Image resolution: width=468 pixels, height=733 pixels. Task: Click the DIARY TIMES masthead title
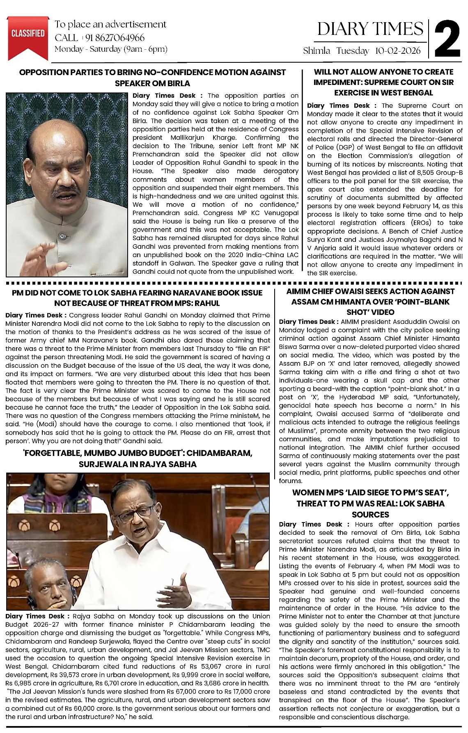[x=370, y=29]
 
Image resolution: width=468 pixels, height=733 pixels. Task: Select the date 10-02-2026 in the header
[x=398, y=51]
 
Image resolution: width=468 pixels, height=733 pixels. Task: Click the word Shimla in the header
[x=317, y=51]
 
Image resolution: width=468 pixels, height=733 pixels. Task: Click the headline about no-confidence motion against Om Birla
[x=152, y=78]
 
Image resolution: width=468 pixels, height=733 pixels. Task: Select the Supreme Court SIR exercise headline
[x=383, y=82]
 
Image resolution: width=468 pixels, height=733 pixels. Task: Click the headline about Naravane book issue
[x=137, y=298]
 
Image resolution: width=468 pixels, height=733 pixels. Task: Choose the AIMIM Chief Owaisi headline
[x=370, y=302]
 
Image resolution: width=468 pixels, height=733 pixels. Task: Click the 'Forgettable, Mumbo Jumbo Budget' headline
[x=138, y=458]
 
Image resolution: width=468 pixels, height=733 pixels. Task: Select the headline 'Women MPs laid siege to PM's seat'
[x=370, y=503]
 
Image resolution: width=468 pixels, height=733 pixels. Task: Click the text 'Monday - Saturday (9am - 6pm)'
[x=111, y=49]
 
